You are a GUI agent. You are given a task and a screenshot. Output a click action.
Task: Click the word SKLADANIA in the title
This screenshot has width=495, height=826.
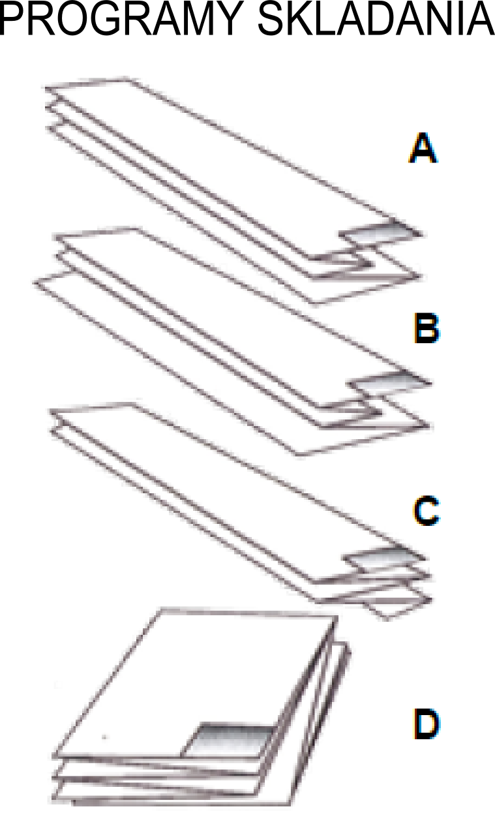[x=376, y=18]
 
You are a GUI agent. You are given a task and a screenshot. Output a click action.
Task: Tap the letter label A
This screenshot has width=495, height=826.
[x=423, y=148]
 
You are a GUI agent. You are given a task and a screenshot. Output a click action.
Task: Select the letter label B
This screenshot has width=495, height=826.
[x=427, y=328]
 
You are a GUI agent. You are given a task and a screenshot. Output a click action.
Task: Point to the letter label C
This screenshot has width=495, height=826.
[x=426, y=510]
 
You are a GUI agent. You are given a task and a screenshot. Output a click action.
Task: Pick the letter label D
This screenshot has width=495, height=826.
[x=427, y=724]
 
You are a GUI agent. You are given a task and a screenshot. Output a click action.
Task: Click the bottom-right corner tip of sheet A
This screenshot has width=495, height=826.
[x=421, y=275]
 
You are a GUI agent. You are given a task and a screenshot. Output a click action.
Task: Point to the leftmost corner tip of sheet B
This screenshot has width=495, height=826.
[x=35, y=283]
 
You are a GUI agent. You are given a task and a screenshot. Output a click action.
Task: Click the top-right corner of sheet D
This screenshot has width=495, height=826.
[x=337, y=616]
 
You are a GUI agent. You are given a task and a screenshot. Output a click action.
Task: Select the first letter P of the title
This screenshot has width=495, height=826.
[x=14, y=18]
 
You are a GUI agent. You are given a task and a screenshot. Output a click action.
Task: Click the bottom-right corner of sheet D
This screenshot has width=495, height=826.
[x=289, y=804]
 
